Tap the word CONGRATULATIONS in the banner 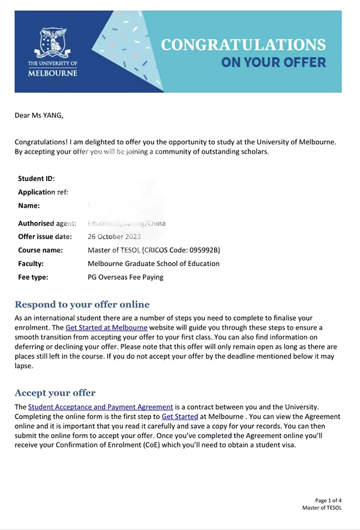coord(244,45)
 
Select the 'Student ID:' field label coord(36,179)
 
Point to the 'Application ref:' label coord(43,192)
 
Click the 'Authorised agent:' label coord(47,223)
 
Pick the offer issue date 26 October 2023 coord(117,237)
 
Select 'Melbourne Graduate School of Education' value coord(154,263)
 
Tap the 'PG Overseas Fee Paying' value coord(125,277)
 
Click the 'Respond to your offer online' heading coord(82,304)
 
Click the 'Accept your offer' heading coord(55,393)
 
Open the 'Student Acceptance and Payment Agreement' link coord(100,406)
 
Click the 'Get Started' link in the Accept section coord(181,416)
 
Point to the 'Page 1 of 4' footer coord(328,500)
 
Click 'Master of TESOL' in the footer coord(322,508)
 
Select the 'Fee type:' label coord(33,277)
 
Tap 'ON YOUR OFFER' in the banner coord(273,62)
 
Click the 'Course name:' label coord(41,250)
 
